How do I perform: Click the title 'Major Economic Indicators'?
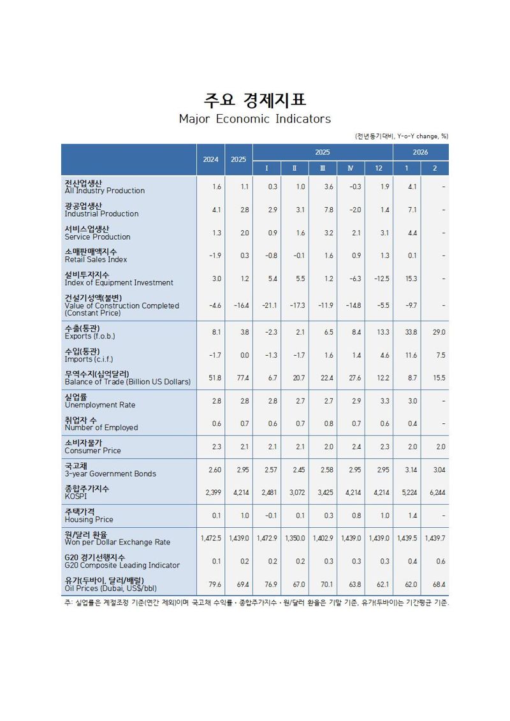point(254,119)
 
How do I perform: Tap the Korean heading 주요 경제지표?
point(254,100)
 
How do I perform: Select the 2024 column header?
point(210,159)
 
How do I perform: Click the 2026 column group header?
point(420,152)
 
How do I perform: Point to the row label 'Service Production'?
point(97,237)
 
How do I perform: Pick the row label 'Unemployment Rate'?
point(99,405)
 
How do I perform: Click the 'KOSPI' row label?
point(75,497)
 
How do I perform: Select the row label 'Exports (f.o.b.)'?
point(90,336)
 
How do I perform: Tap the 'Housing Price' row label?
point(89,520)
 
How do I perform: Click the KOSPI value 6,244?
point(435,493)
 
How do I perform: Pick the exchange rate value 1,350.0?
point(296,539)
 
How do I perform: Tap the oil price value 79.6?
point(214,584)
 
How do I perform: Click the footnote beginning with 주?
point(255,603)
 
